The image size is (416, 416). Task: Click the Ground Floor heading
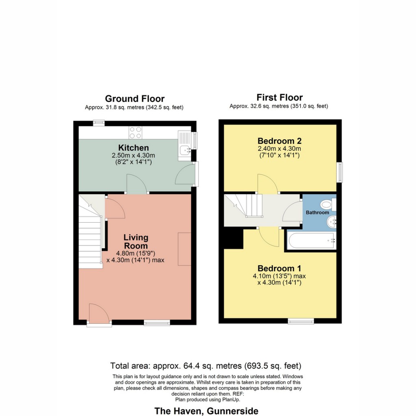tap(134, 99)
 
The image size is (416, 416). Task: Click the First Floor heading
tap(279, 97)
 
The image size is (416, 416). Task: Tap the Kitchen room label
tap(133, 148)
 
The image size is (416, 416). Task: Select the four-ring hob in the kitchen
tap(135, 132)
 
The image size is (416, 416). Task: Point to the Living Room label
tap(136, 241)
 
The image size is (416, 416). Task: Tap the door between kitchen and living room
tap(136, 185)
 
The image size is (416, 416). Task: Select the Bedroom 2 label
tap(279, 141)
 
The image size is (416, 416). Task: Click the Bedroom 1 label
tap(279, 268)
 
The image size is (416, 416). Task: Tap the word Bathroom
tap(318, 212)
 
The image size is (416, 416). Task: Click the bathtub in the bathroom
tap(311, 241)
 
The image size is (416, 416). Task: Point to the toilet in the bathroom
tap(327, 204)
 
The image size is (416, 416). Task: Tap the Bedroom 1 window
tap(301, 321)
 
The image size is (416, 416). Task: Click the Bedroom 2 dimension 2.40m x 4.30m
tap(279, 148)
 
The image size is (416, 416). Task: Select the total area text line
tap(206, 365)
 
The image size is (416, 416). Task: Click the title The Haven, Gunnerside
tap(206, 411)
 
